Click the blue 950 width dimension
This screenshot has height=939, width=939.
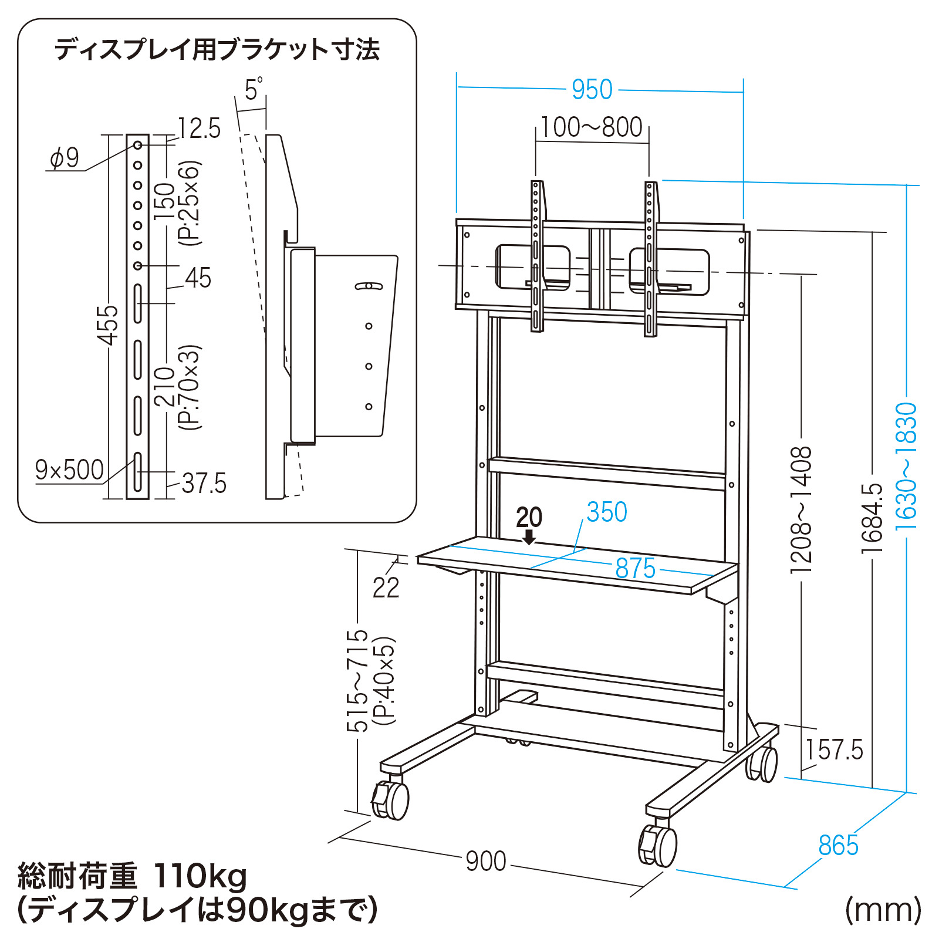[x=592, y=90]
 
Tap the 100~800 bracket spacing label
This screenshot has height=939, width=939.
[x=592, y=127]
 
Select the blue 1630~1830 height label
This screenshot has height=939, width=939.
[x=906, y=467]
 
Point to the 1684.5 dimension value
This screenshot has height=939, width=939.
[x=873, y=518]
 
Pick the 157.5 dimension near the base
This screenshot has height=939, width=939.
[x=834, y=750]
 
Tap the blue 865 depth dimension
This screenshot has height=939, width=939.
[x=838, y=846]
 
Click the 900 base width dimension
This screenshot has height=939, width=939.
[x=486, y=861]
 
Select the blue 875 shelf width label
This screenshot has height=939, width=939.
[x=635, y=569]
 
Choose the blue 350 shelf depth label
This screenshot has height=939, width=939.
[x=607, y=512]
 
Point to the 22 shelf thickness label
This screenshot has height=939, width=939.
[x=386, y=587]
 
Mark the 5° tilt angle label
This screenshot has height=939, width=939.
[x=253, y=90]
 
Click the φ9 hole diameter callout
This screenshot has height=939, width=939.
[x=65, y=158]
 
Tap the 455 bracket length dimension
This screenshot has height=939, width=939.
[x=109, y=325]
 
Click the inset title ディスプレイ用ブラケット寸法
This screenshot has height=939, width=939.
[x=217, y=49]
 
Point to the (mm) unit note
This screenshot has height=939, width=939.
[x=883, y=910]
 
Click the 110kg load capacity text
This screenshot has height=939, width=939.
[x=200, y=877]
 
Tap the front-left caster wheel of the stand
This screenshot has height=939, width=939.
[x=392, y=800]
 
